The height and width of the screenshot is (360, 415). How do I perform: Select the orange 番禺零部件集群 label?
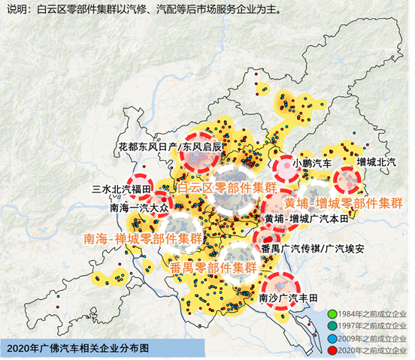coord(214,267)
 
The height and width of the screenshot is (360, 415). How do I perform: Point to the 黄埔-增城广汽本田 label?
coord(307,219)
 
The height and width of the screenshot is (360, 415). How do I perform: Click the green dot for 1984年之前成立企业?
coord(332,313)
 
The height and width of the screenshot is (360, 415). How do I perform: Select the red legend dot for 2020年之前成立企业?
coord(332,349)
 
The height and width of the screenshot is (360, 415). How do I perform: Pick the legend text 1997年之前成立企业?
coord(372,325)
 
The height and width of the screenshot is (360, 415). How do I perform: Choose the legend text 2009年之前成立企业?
coord(372,337)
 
